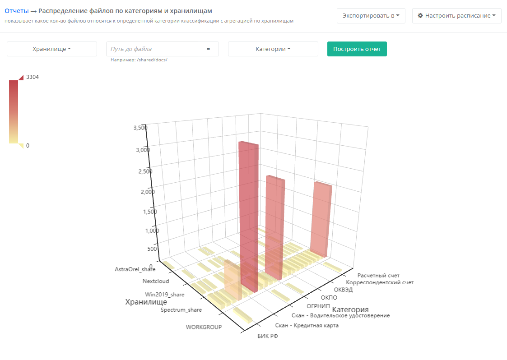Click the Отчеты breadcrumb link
tap(16, 11)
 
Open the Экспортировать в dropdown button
tap(371, 16)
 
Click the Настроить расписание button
tap(456, 16)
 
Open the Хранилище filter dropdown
tap(52, 49)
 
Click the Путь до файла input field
tap(152, 49)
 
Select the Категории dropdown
tap(273, 49)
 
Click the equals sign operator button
tap(208, 49)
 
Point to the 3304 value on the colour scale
tap(33, 77)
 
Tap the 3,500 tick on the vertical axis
tap(140, 128)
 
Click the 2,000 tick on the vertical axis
tap(148, 192)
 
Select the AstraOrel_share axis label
tap(135, 269)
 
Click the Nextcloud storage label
tap(156, 282)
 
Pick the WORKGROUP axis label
tap(204, 327)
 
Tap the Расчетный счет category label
tap(378, 275)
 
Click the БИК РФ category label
tap(268, 336)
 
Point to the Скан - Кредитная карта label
tap(307, 325)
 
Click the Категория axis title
tap(350, 310)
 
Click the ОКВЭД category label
tap(343, 290)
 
